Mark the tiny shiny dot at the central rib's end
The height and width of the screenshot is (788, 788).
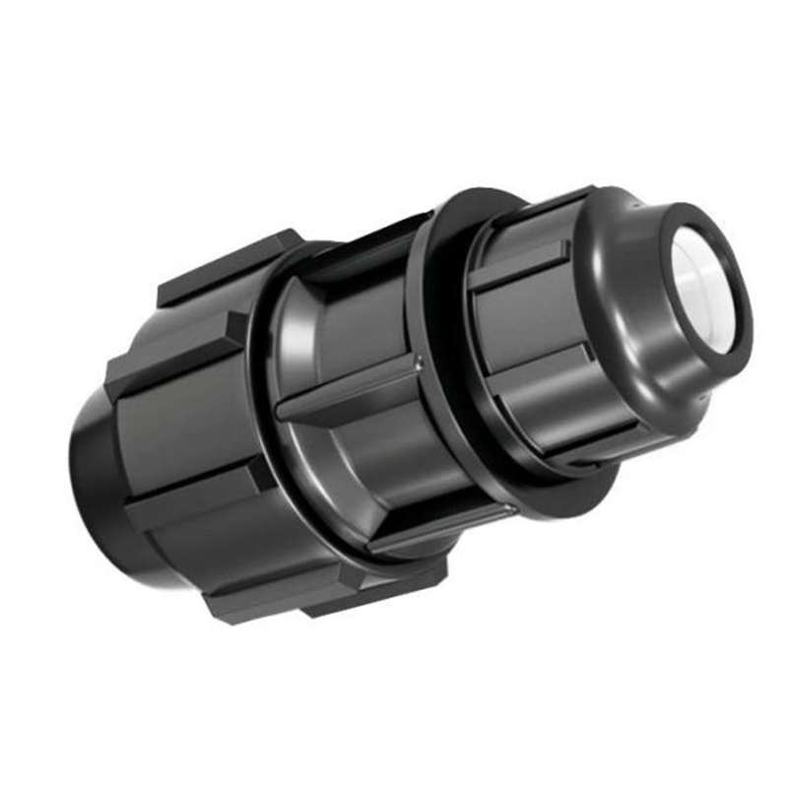[418, 359]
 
